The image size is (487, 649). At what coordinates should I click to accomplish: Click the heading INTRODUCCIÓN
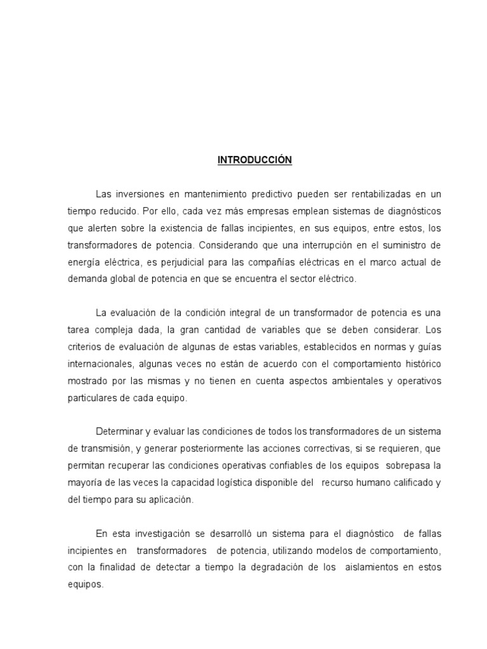coord(254,160)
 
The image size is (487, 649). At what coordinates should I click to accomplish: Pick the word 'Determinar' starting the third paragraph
coord(119,432)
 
